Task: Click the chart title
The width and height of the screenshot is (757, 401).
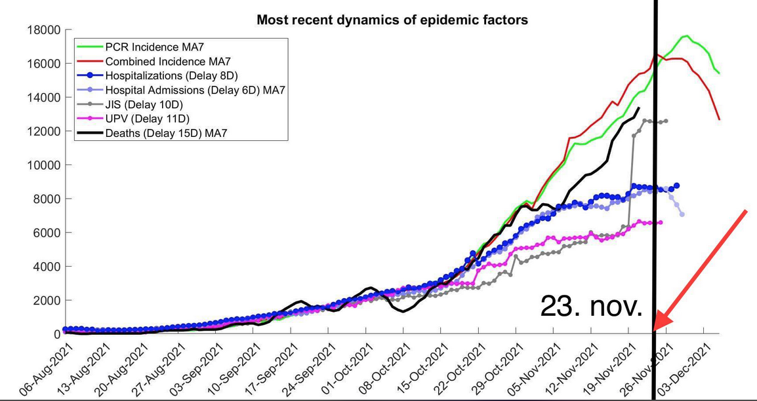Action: pos(392,20)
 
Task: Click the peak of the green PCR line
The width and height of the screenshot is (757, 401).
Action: pos(686,36)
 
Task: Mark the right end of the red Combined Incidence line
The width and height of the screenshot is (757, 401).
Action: pos(720,119)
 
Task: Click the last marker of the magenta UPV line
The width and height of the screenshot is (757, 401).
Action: pos(660,223)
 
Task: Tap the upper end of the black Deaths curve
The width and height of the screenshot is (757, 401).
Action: pos(639,107)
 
